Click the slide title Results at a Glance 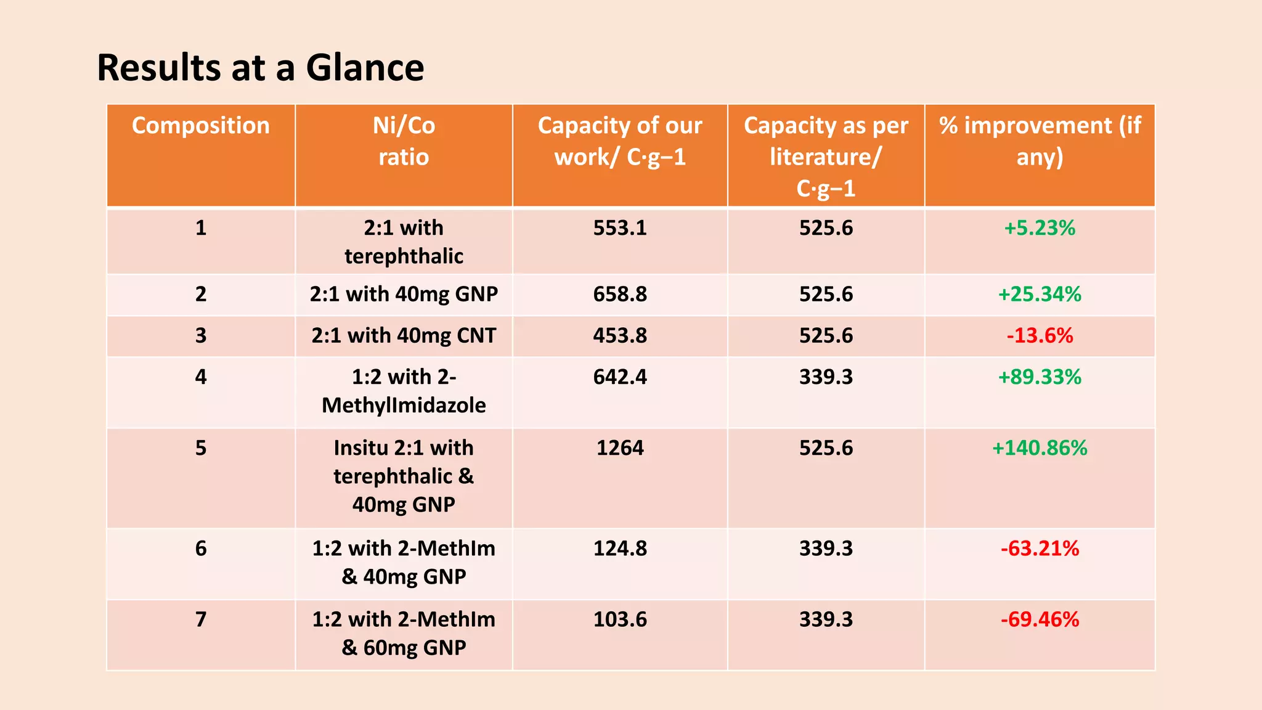point(260,67)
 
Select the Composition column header point(200,126)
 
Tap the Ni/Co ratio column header point(404,141)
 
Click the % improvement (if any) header point(1040,141)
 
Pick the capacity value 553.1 point(620,228)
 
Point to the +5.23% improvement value point(1040,228)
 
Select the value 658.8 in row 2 point(620,294)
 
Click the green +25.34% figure point(1040,294)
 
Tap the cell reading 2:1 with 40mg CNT point(404,335)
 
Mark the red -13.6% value point(1040,335)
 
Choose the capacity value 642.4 point(620,377)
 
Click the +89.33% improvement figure point(1040,377)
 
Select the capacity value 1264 point(620,447)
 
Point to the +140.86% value point(1040,447)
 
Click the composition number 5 point(201,447)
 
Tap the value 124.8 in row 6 point(620,548)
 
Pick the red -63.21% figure point(1040,548)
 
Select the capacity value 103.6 point(620,619)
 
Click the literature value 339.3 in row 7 point(826,619)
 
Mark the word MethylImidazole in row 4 point(404,406)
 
